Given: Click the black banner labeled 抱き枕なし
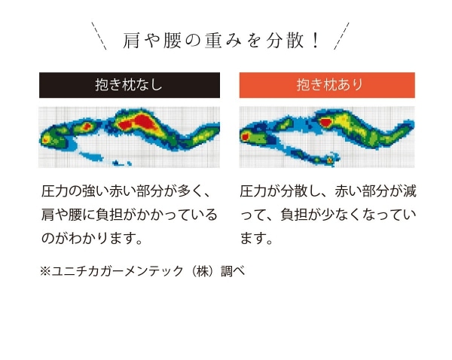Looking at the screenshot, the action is [130, 85].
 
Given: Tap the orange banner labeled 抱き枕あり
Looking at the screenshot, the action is [327, 85].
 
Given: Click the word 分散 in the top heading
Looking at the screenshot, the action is [285, 41].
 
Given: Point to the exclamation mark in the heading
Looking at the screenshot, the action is [316, 41].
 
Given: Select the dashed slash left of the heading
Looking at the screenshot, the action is [99, 35].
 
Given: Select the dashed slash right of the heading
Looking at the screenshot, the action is [341, 35].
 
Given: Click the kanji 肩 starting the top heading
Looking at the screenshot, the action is [131, 41].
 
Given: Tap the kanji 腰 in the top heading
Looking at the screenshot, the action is [173, 41].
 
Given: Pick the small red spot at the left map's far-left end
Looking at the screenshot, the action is [45, 140].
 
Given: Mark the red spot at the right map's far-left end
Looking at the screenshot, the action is [245, 136].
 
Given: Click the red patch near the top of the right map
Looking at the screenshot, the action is [325, 122].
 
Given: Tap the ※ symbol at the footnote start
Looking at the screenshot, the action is [45, 271].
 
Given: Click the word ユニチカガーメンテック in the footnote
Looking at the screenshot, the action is [118, 271].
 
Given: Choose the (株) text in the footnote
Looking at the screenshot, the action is [202, 271].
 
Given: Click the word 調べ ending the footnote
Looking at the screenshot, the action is [234, 271].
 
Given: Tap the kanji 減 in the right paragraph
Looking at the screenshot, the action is [410, 191].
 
